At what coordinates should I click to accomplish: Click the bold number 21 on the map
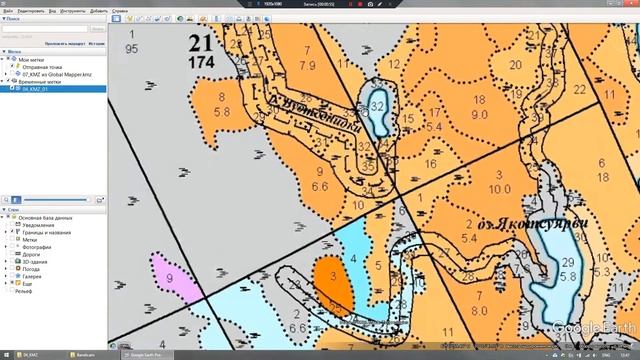click(201, 42)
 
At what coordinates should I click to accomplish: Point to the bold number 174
click(201, 62)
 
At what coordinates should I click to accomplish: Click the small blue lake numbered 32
click(377, 109)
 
